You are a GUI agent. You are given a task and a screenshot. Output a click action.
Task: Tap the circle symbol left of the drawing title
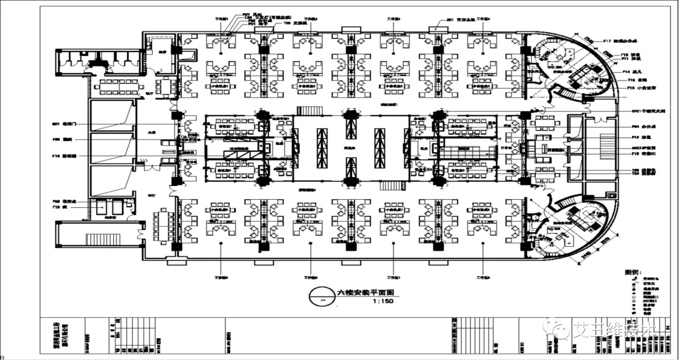point(323,297)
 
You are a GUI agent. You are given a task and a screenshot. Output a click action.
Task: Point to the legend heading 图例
point(632,273)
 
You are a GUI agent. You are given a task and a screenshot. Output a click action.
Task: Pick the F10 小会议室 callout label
point(634,89)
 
